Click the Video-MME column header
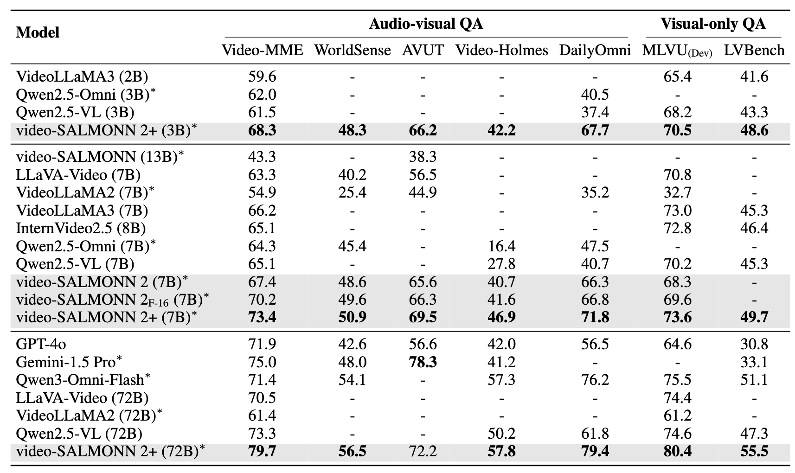click(262, 51)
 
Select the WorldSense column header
click(353, 51)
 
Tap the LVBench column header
click(754, 51)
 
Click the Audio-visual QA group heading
click(426, 24)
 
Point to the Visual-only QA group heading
click(713, 24)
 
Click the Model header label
click(38, 32)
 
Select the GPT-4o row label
click(41, 344)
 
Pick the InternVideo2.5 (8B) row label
click(81, 228)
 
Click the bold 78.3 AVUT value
click(423, 362)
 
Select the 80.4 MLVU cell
click(678, 451)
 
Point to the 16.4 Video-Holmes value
click(501, 246)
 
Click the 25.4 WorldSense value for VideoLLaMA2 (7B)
click(353, 192)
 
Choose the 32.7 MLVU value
click(678, 192)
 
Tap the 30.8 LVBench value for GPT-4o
click(754, 344)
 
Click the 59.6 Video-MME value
click(262, 77)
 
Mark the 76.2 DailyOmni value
click(595, 380)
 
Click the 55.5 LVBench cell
click(754, 451)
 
